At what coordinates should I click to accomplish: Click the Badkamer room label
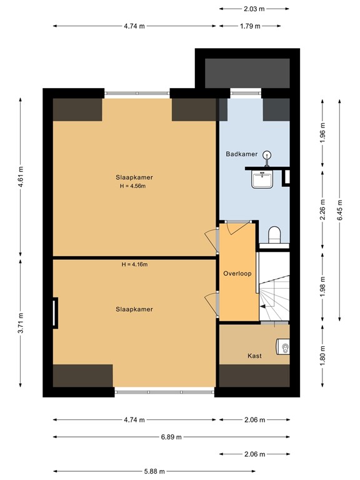[x=241, y=153]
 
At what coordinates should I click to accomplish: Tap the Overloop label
[x=237, y=274]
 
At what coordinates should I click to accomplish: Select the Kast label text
[x=254, y=356]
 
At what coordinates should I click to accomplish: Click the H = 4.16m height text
[x=134, y=264]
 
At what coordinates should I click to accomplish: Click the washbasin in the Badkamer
[x=262, y=179]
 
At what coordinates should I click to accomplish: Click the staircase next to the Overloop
[x=275, y=294]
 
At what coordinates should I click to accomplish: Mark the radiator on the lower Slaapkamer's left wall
[x=55, y=312]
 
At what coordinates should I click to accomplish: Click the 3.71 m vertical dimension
[x=21, y=322]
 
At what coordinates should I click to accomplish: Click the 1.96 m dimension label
[x=322, y=136]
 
